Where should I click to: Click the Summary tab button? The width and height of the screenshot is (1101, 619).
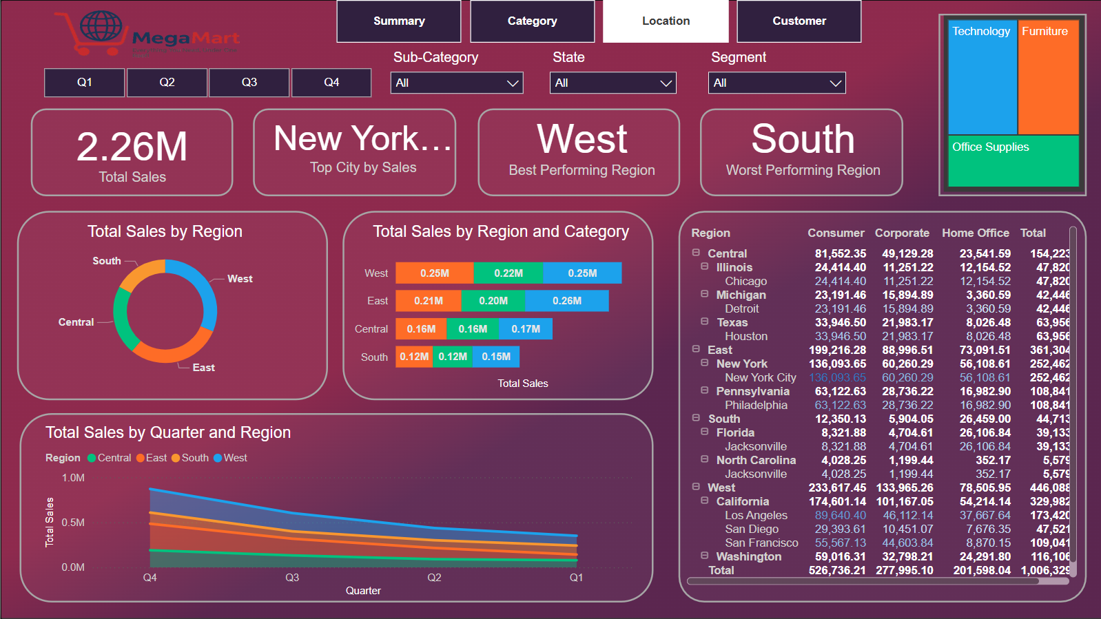[398, 21]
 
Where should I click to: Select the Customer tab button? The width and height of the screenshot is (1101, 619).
[799, 21]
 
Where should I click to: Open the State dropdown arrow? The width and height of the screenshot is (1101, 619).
[666, 83]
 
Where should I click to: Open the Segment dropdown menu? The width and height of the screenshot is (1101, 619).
[776, 83]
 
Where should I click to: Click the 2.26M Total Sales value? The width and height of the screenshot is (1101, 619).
[132, 147]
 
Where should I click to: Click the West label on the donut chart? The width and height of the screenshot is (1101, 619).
[240, 279]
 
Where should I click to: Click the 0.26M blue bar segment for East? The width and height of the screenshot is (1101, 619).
[566, 301]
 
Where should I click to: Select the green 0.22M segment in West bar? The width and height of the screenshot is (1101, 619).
[508, 273]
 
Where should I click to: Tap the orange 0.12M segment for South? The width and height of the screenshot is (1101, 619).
[413, 357]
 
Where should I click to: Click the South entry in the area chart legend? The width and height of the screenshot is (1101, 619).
[195, 458]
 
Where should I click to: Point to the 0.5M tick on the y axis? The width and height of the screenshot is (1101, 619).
[73, 523]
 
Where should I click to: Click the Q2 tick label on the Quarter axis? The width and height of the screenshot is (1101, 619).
[434, 578]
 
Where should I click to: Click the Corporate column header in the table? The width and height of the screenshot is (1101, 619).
[901, 233]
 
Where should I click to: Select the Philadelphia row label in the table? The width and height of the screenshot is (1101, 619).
[755, 406]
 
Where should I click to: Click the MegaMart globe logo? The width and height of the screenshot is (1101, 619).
[101, 28]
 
